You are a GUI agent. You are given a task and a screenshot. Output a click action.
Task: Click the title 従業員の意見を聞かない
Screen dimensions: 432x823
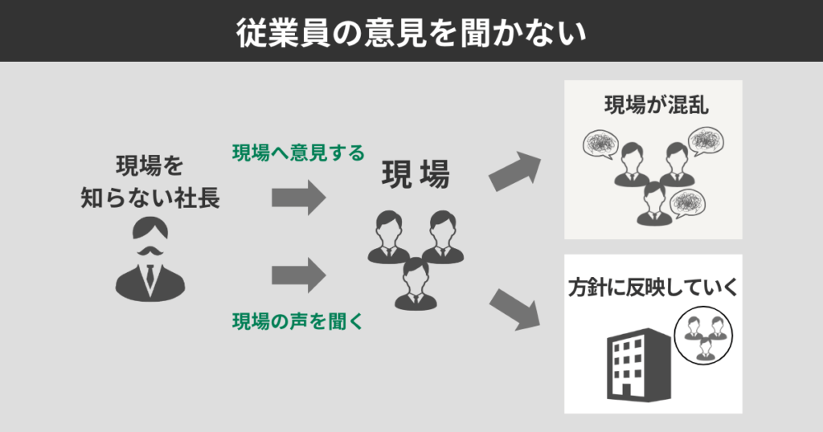(411, 31)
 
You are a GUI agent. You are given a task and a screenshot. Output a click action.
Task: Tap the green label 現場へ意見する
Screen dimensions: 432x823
(298, 152)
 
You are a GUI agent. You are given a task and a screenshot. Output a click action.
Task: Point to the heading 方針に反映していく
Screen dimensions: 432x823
(653, 287)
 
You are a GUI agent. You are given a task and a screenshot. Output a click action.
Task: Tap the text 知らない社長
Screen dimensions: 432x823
(150, 198)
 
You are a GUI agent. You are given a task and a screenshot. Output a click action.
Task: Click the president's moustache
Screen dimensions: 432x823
(150, 252)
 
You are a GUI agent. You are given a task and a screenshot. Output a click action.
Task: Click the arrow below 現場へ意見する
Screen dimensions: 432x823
(298, 198)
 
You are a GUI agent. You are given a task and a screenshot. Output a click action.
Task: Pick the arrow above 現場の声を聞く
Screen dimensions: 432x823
(298, 275)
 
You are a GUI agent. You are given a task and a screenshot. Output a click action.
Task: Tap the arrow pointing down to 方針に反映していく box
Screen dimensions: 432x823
(514, 309)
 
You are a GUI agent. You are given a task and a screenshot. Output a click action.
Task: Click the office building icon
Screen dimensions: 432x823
(637, 365)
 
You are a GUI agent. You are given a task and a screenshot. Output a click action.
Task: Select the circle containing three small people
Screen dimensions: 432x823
(705, 336)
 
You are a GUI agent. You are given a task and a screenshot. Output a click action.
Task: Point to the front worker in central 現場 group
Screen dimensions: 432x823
(416, 283)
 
